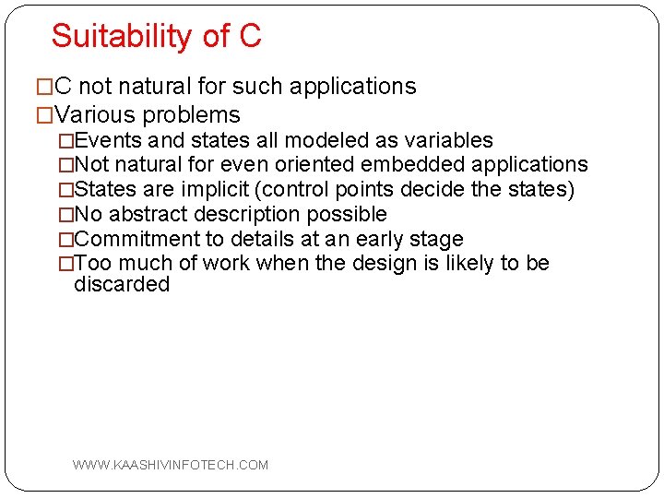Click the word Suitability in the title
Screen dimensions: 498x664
pos(122,37)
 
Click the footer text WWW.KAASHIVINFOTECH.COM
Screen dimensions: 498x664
pos(171,465)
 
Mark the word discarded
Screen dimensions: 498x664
pos(122,285)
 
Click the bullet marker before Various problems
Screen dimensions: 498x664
pos(45,115)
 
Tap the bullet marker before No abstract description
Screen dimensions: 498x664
pos(65,215)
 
